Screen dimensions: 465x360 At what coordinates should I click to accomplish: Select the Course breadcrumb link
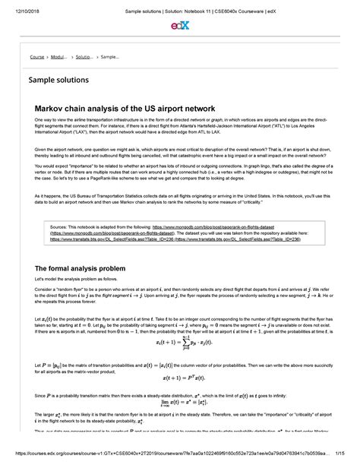38,57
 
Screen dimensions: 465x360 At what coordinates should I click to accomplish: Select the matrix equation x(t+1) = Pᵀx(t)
179,378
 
